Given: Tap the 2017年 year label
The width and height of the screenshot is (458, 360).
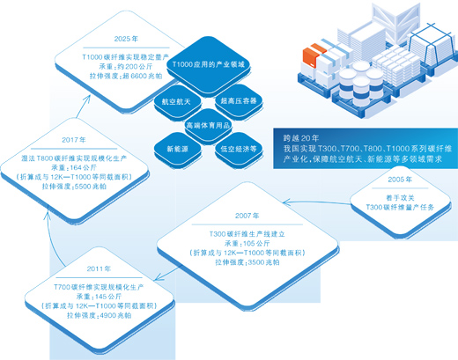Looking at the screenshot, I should tap(73, 139).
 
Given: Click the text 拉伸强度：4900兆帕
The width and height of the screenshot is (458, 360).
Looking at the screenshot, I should tap(98, 313).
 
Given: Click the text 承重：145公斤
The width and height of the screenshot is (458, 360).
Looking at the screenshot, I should tap(98, 295).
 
